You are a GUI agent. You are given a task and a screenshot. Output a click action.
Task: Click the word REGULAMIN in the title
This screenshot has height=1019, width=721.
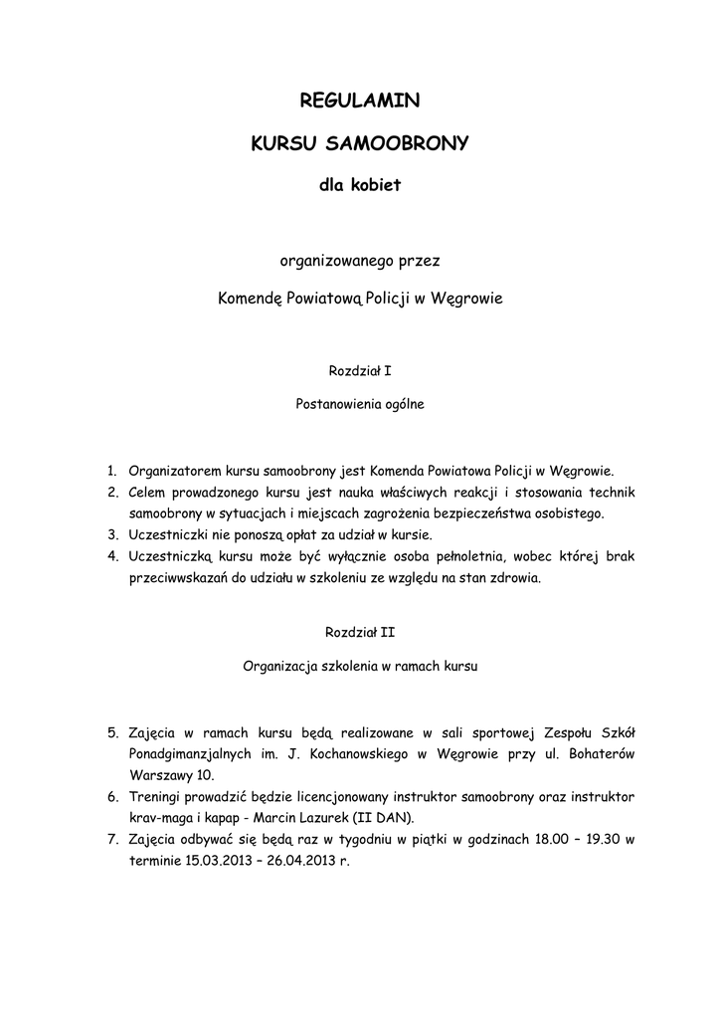pyautogui.click(x=360, y=100)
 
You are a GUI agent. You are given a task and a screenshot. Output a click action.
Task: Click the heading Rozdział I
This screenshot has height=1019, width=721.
pyautogui.click(x=360, y=371)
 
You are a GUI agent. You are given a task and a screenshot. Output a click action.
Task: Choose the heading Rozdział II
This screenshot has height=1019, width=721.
pyautogui.click(x=360, y=632)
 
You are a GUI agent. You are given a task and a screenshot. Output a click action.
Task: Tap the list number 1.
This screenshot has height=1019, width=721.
pyautogui.click(x=113, y=470)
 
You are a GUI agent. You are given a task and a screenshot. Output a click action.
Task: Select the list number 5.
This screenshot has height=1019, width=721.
pyautogui.click(x=113, y=733)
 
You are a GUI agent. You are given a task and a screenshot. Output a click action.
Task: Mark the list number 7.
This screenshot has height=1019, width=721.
pyautogui.click(x=113, y=839)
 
